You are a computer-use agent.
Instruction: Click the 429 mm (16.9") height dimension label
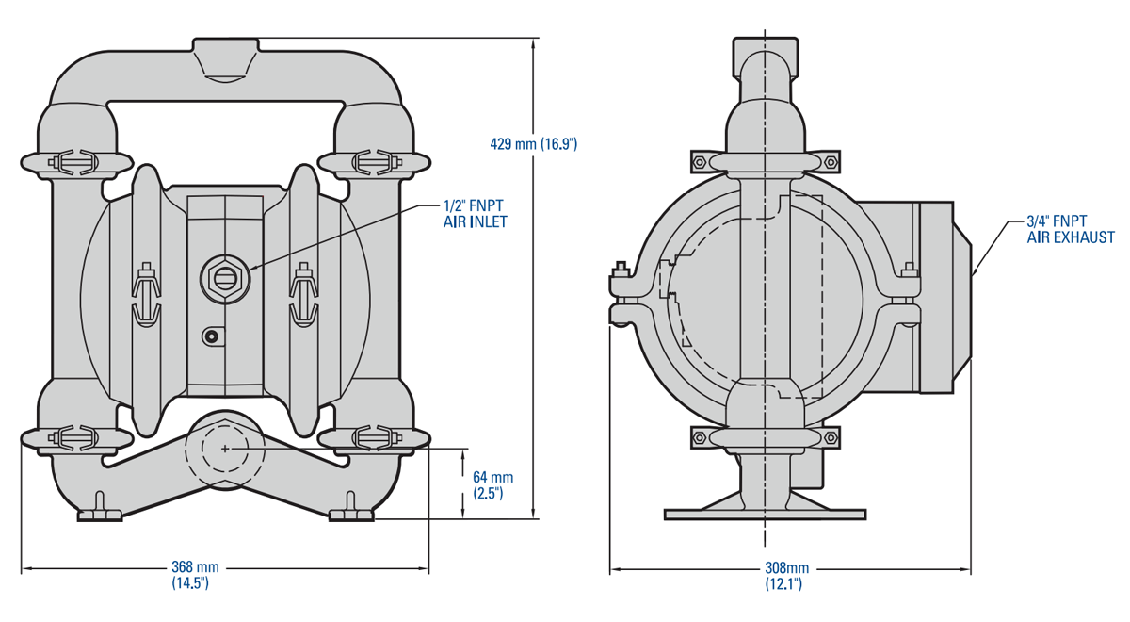click(533, 144)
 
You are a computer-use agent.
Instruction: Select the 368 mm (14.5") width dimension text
click(195, 575)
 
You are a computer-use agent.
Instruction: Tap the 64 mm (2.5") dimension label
click(492, 484)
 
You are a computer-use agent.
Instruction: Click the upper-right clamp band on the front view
click(375, 161)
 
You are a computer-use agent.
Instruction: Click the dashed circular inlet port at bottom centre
click(224, 450)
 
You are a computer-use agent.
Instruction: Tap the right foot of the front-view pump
click(351, 513)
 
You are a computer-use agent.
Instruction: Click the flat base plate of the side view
click(764, 514)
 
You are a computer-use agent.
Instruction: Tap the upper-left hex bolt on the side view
click(699, 162)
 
